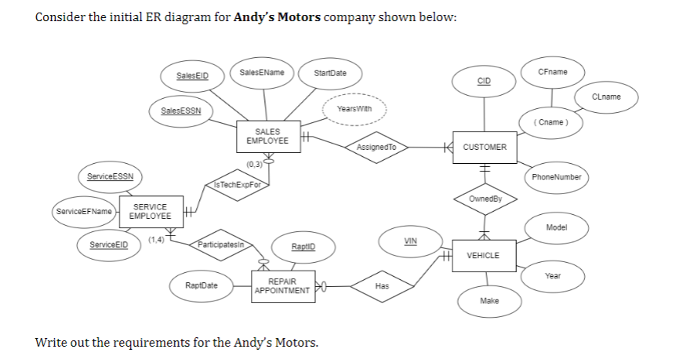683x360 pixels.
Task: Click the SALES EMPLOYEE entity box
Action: pyautogui.click(x=267, y=136)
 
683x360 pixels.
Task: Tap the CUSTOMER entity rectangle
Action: pyautogui.click(x=485, y=147)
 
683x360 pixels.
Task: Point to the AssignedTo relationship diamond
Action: pyautogui.click(x=376, y=147)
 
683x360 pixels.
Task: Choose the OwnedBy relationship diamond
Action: pyautogui.click(x=485, y=199)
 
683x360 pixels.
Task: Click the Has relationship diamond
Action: pyautogui.click(x=382, y=286)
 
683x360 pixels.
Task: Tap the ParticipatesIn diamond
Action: pyautogui.click(x=220, y=244)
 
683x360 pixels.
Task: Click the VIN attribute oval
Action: pyautogui.click(x=409, y=240)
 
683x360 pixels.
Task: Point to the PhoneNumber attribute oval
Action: pyautogui.click(x=555, y=176)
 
